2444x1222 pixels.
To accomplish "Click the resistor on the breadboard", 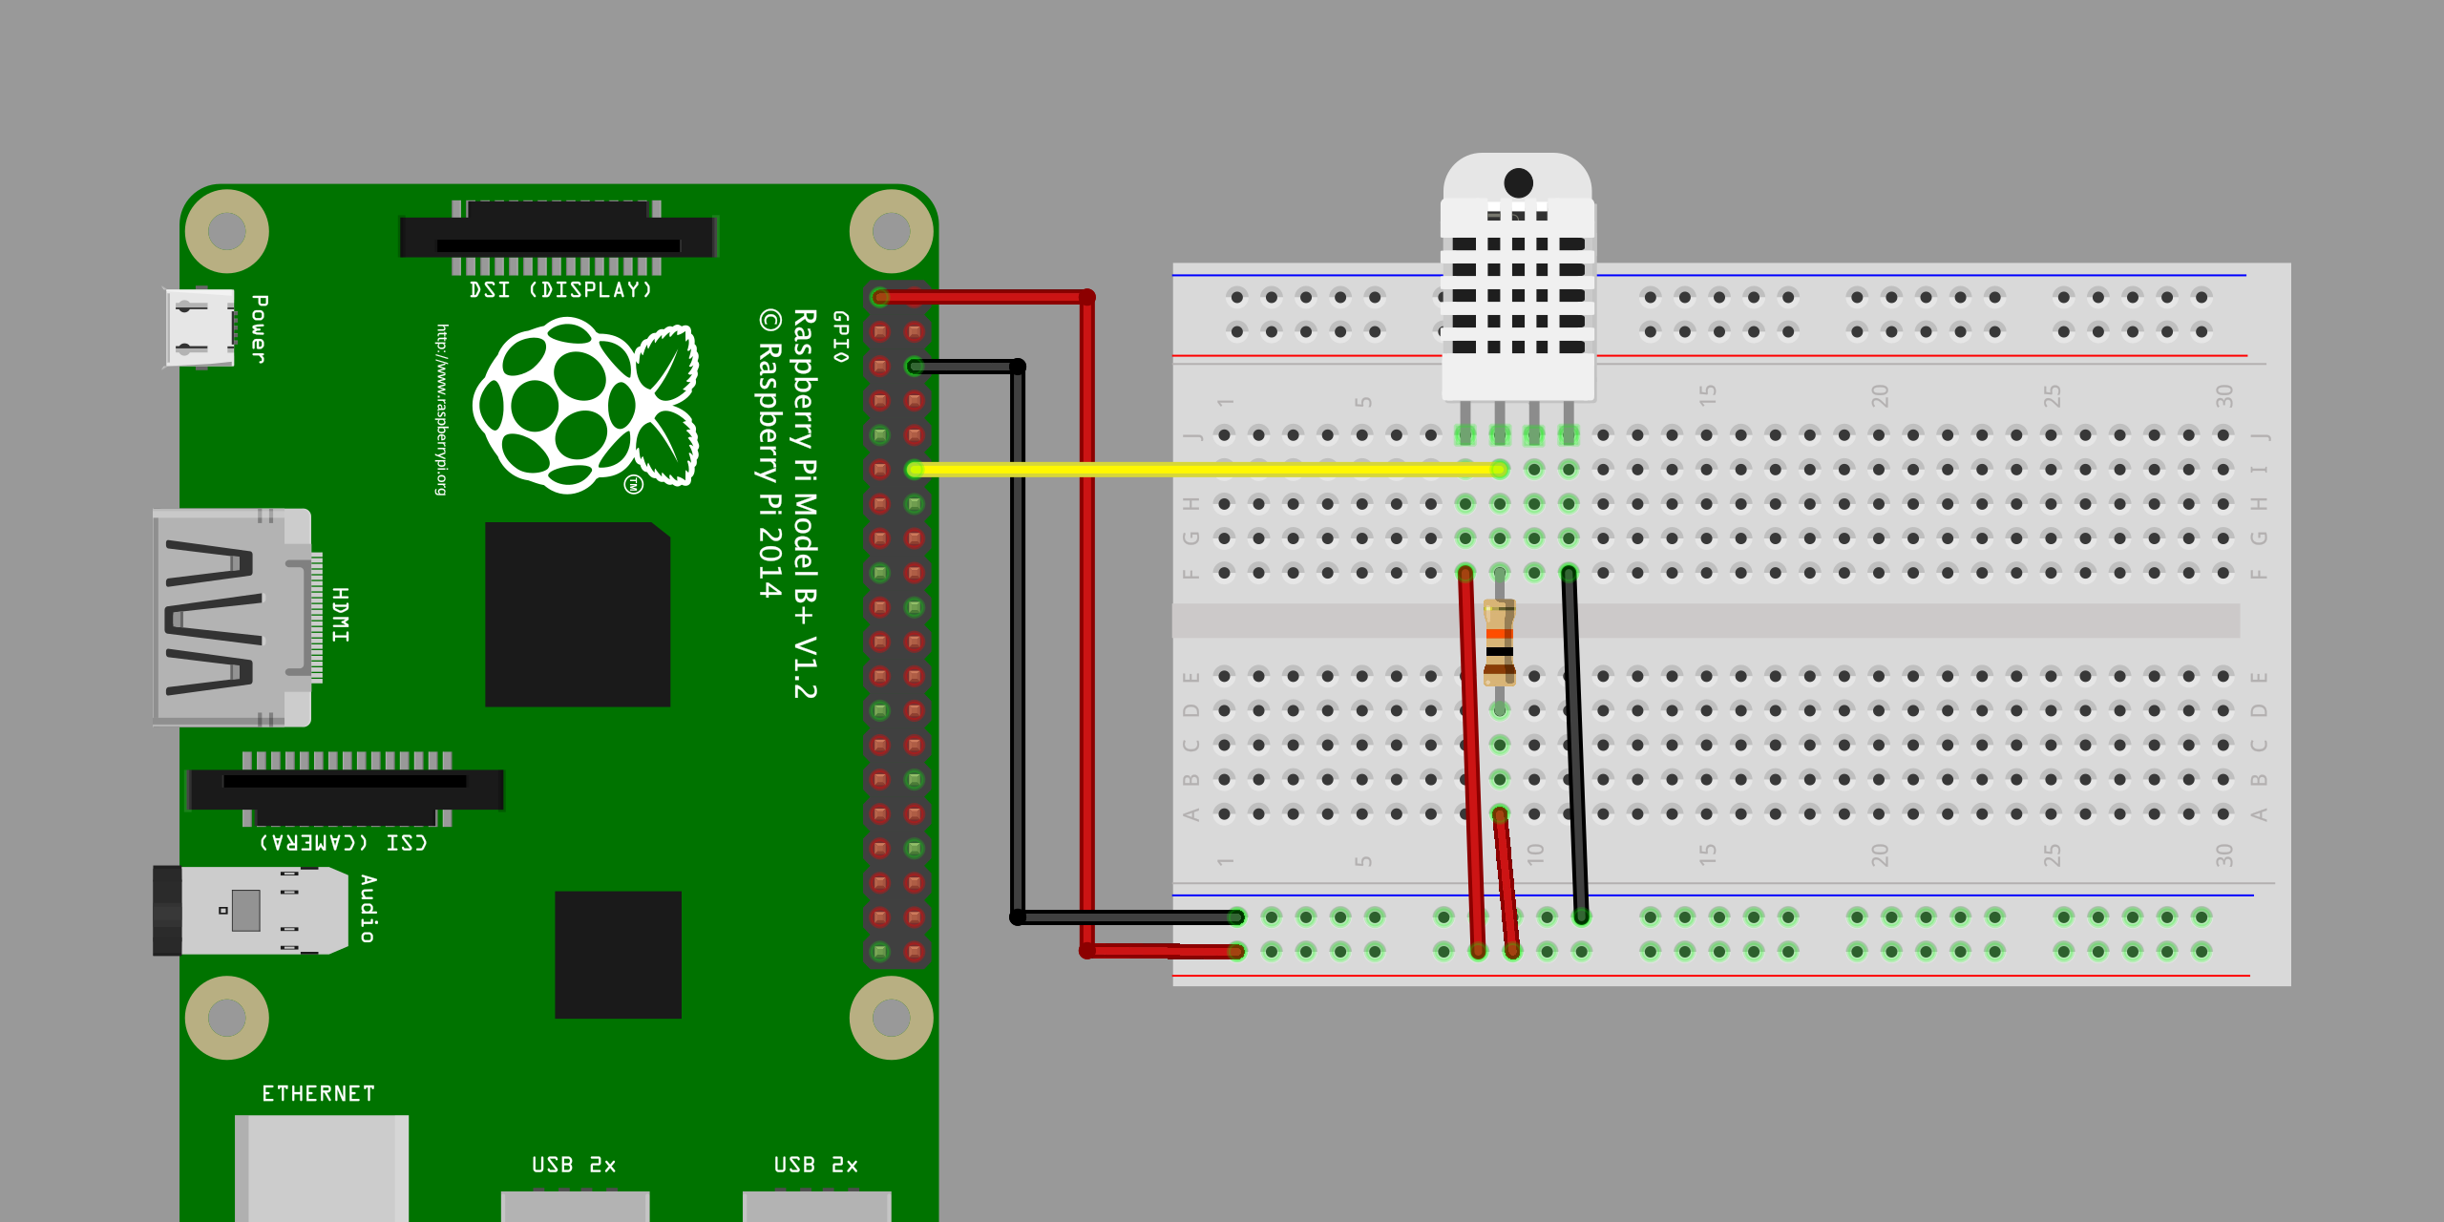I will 1499,642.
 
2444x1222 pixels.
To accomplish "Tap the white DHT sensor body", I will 1517,286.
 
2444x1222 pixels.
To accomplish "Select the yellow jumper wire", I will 1203,469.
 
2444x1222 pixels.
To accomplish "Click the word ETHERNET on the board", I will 318,1094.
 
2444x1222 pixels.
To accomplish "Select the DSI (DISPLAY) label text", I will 560,290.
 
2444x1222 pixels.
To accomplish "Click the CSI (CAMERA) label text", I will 344,842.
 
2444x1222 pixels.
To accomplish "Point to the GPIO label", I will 840,336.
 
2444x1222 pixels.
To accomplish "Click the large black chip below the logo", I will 577,614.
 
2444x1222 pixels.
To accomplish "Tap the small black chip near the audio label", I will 618,954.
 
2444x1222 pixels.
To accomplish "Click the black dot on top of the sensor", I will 1518,182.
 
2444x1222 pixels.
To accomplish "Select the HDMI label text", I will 341,615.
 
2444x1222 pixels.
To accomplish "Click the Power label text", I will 259,328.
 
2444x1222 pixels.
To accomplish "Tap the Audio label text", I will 369,909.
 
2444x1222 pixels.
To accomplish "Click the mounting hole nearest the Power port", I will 226,230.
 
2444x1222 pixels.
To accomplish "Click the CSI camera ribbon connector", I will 345,789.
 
